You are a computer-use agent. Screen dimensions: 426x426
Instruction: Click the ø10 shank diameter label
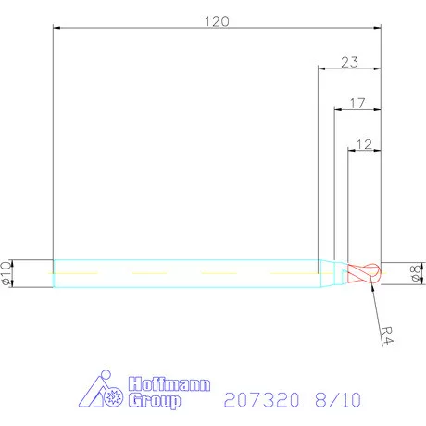click(7, 273)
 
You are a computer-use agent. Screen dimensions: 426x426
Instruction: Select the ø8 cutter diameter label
click(416, 273)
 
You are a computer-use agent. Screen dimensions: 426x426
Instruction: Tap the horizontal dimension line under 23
click(349, 69)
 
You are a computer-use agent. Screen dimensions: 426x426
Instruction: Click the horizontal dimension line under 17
click(357, 110)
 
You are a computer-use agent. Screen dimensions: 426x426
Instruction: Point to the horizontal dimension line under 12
click(363, 151)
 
